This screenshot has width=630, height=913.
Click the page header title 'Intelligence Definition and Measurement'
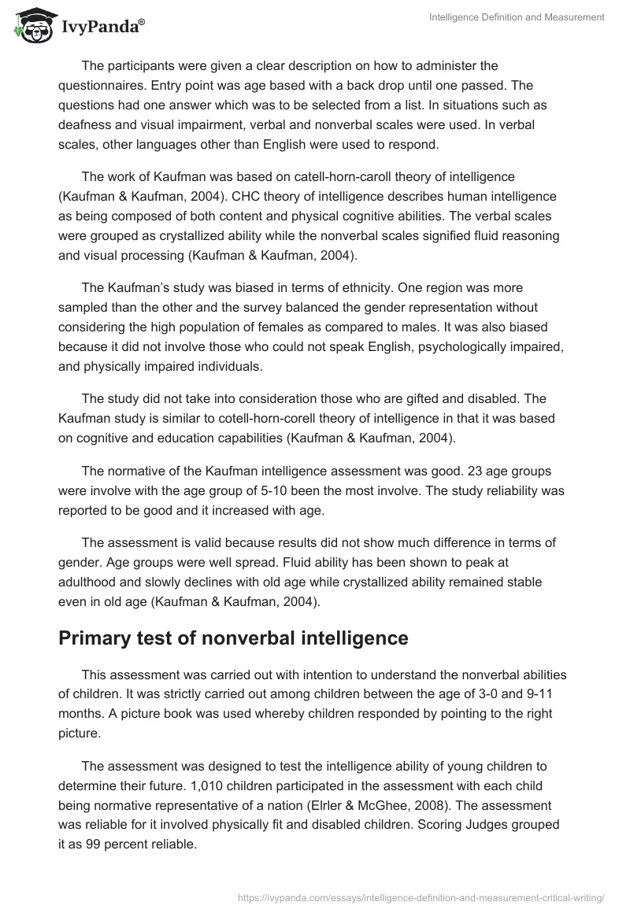tap(517, 17)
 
